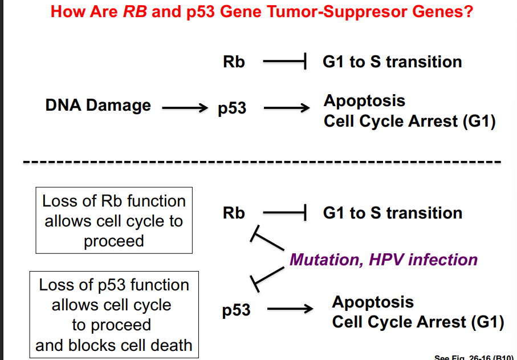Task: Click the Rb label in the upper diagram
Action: [x=234, y=62]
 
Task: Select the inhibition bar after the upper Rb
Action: [x=286, y=62]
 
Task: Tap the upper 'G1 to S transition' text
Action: [x=392, y=62]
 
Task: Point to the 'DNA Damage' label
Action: [x=98, y=106]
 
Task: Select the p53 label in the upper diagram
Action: [x=232, y=108]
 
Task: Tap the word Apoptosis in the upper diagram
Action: [x=364, y=101]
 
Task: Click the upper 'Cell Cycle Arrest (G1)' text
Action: [x=409, y=122]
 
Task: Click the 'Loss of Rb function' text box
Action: [x=114, y=221]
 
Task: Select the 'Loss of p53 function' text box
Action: [x=114, y=315]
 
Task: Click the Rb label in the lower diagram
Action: [x=234, y=213]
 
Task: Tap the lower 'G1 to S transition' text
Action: [x=392, y=213]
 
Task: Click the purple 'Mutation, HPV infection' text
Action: [x=384, y=260]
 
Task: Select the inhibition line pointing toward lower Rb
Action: [x=268, y=241]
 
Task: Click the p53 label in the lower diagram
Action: [x=236, y=310]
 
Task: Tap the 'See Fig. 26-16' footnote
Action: [x=474, y=357]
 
